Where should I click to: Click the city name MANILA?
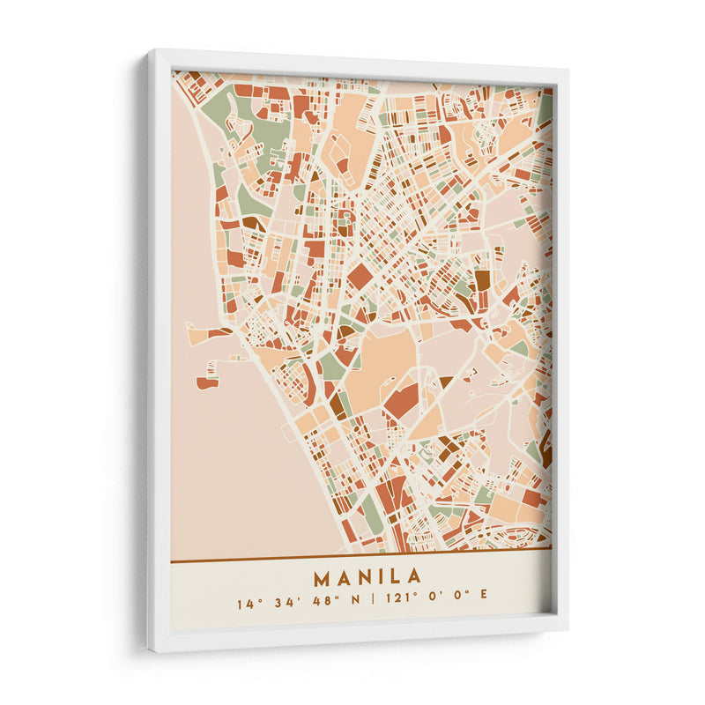click(367, 578)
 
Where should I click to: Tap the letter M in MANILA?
click(321, 578)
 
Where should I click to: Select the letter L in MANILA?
click(395, 578)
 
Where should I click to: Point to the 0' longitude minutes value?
click(431, 605)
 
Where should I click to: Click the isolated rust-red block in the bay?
click(207, 382)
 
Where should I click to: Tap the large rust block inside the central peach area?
click(401, 401)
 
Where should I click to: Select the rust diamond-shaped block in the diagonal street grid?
click(360, 276)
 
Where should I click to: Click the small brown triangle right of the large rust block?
click(445, 382)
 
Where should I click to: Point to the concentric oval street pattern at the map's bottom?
click(511, 534)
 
